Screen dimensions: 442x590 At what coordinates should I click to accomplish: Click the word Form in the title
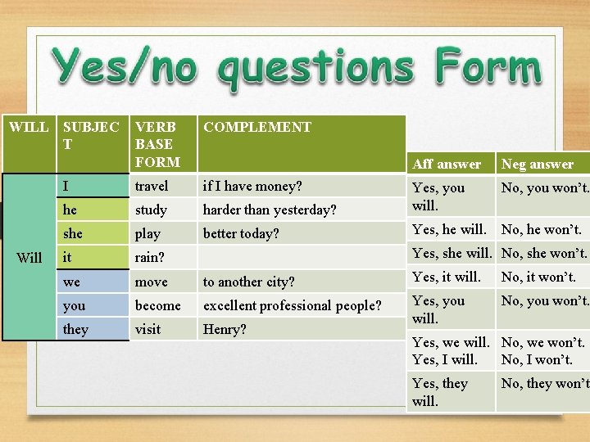tap(488, 67)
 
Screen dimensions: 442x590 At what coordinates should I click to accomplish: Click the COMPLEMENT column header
tap(257, 127)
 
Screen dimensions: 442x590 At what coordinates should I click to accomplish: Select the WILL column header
tap(29, 127)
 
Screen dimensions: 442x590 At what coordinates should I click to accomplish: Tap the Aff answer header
tap(447, 164)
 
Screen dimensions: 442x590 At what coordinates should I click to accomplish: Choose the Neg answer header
tap(538, 164)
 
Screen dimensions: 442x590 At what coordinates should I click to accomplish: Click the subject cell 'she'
tap(73, 233)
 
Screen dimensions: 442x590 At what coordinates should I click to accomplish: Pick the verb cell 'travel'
tap(152, 186)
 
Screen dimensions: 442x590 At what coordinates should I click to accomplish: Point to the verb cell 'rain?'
tap(150, 257)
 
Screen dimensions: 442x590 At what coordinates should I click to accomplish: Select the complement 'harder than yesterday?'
tap(270, 210)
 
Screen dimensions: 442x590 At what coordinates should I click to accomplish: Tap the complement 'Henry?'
tap(225, 329)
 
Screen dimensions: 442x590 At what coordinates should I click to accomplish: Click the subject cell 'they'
tap(75, 329)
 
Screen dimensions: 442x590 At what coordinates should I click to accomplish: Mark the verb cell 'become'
tap(157, 305)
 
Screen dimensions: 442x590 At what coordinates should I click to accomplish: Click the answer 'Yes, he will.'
tap(451, 229)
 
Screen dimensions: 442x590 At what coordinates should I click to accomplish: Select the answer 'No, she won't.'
tap(544, 253)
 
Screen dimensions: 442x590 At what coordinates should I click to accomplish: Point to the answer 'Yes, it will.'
tap(447, 277)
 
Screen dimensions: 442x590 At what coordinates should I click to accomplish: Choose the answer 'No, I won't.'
tap(537, 359)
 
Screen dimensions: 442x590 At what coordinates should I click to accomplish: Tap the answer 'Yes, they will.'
tap(440, 391)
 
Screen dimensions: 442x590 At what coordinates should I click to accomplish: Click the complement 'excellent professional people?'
tap(293, 305)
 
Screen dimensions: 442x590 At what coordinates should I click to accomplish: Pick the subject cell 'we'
tap(71, 282)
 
